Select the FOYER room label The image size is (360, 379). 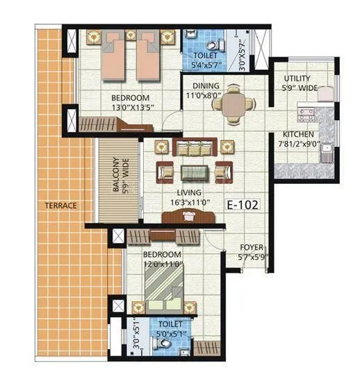[251, 247]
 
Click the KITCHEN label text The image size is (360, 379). [297, 134]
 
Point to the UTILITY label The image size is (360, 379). [297, 79]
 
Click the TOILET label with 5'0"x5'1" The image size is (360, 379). [169, 323]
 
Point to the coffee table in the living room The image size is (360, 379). [193, 172]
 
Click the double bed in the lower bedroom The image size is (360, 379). [164, 286]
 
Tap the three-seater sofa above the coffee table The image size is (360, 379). [193, 147]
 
